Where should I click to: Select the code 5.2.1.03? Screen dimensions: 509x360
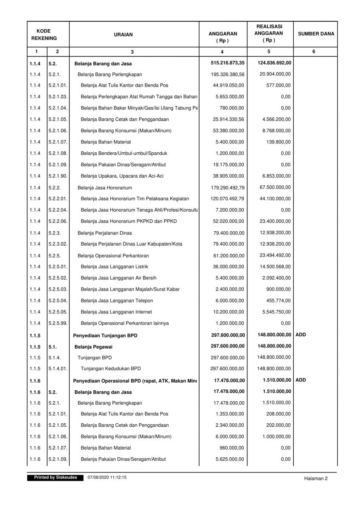58,96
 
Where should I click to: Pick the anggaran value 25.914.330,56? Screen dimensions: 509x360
228,119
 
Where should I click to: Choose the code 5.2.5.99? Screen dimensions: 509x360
58,323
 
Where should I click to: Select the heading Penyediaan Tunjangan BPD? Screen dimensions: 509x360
105,336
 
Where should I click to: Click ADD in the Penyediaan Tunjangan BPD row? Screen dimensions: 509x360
301,335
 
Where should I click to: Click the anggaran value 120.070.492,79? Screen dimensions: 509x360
228,199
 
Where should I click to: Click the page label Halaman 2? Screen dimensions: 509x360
316,478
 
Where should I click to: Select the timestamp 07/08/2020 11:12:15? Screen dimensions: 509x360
107,478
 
